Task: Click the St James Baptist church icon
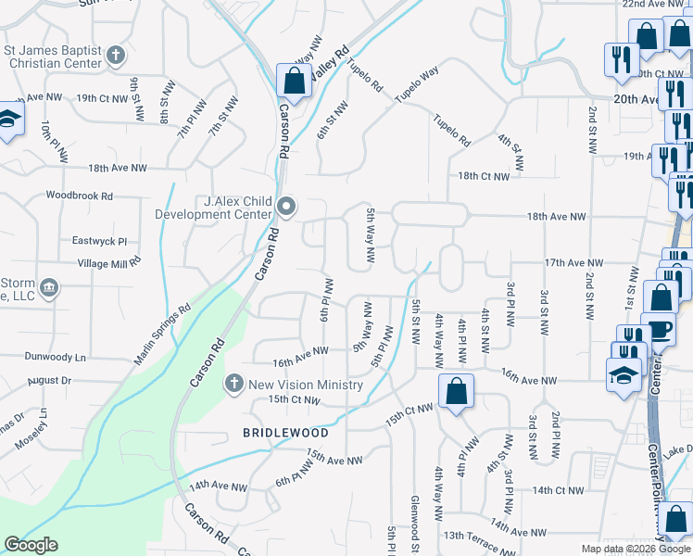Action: click(116, 56)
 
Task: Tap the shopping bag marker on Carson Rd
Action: click(294, 82)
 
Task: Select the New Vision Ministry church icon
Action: click(234, 383)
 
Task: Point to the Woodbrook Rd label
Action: click(79, 196)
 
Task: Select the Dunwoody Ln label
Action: click(56, 356)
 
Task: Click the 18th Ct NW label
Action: click(483, 176)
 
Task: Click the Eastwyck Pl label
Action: click(98, 240)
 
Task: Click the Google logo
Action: click(31, 545)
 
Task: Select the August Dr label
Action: click(49, 381)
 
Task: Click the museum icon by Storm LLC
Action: click(50, 288)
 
